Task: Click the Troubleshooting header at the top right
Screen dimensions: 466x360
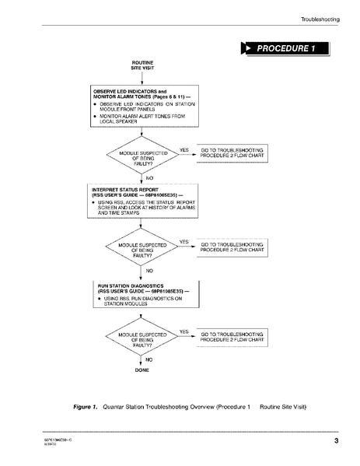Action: tap(319, 19)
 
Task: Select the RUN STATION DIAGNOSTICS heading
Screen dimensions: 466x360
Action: tap(136, 289)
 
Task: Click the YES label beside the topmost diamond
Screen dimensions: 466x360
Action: tap(184, 149)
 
